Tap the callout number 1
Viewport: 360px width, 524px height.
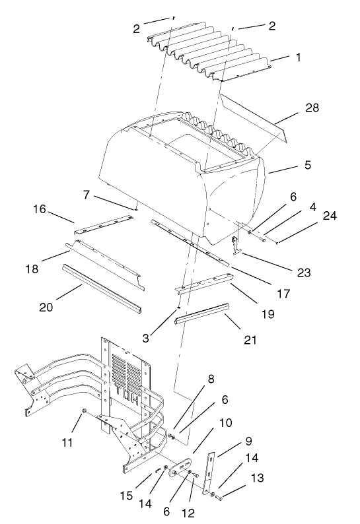click(x=299, y=57)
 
